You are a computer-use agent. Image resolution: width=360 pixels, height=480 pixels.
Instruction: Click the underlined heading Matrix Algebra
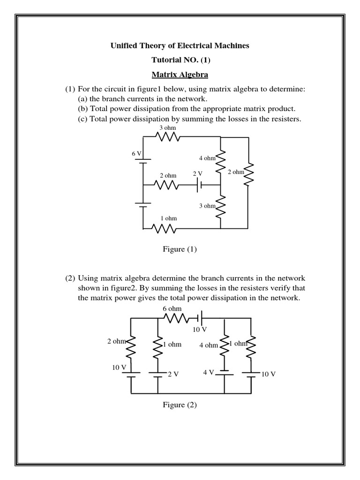pos(180,75)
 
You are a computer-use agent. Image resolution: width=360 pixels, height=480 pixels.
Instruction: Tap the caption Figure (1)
pos(180,249)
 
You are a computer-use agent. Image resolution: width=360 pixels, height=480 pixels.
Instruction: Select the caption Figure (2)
pos(180,405)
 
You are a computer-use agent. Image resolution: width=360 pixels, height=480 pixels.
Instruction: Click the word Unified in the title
pos(124,45)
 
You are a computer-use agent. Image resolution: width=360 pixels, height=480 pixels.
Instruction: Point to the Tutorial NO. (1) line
pos(180,60)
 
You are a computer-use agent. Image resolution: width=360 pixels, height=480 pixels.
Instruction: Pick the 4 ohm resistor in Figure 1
pos(220,160)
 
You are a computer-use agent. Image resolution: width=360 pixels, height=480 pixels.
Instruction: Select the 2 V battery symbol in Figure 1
pos(199,185)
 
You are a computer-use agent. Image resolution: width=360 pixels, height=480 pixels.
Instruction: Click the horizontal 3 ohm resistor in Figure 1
pos(168,136)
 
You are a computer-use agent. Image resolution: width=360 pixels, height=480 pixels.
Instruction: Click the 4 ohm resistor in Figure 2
pos(225,345)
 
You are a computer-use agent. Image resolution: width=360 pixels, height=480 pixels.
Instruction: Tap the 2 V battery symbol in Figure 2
pos(158,374)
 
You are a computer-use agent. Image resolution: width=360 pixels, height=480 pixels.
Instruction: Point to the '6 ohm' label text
pos(172,309)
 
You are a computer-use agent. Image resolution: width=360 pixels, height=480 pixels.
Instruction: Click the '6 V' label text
pos(136,154)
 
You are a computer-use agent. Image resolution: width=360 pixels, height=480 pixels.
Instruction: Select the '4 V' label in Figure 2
pos(209,372)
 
